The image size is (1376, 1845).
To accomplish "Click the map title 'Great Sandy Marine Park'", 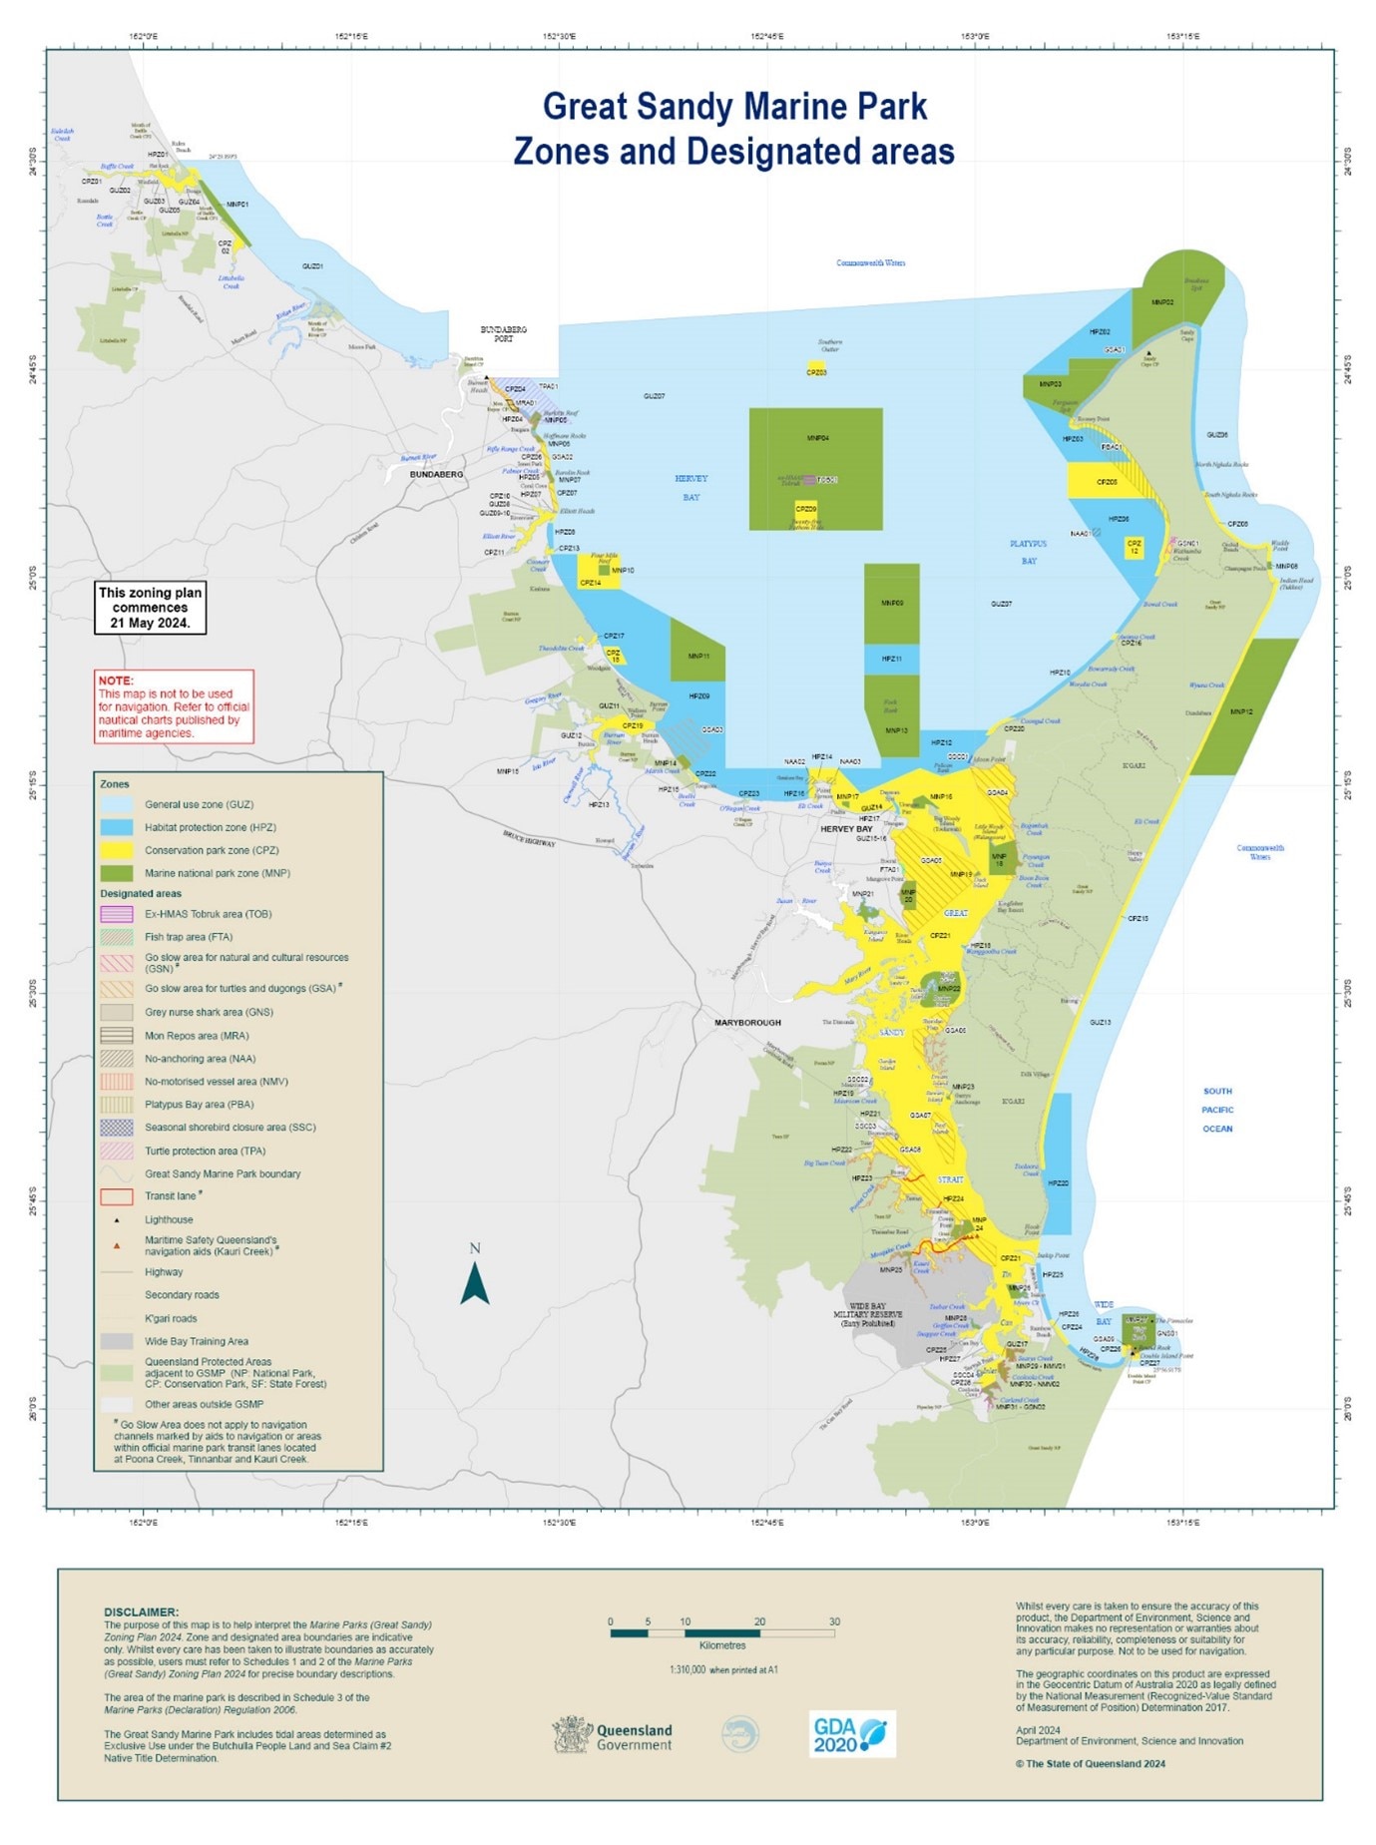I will (x=734, y=107).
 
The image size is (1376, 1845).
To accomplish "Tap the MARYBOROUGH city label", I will (x=747, y=1023).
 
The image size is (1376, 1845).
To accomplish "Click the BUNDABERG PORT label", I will (x=504, y=334).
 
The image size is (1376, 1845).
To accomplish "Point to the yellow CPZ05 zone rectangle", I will (x=1106, y=481).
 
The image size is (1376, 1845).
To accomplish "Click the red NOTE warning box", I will (x=174, y=706).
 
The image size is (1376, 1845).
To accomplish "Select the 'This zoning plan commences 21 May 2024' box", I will (x=150, y=607).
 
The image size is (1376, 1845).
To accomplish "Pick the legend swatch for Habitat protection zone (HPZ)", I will (x=116, y=827).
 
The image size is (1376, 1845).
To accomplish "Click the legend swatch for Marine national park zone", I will (x=116, y=873).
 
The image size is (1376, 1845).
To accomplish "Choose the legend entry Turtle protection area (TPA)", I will (x=205, y=1151).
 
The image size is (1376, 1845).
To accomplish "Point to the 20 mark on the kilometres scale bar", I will (x=759, y=1621).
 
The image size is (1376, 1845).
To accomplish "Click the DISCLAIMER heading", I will (x=141, y=1612).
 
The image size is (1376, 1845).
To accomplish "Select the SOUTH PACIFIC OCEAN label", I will (x=1217, y=1110).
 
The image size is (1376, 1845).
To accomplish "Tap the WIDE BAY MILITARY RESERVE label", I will (x=867, y=1314).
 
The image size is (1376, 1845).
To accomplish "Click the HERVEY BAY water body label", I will (x=691, y=487).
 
